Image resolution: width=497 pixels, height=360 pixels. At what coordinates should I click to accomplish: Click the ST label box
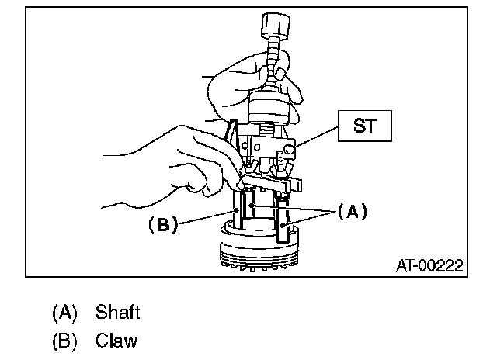click(x=363, y=126)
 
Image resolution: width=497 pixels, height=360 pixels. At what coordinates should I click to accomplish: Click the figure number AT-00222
click(x=429, y=265)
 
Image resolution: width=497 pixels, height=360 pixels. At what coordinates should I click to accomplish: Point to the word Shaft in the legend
click(x=118, y=313)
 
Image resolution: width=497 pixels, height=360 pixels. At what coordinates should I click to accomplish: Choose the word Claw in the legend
click(x=117, y=341)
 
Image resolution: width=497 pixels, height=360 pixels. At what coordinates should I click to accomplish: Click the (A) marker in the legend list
click(x=66, y=313)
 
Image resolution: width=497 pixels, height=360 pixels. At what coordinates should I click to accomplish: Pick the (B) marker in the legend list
click(x=66, y=341)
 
